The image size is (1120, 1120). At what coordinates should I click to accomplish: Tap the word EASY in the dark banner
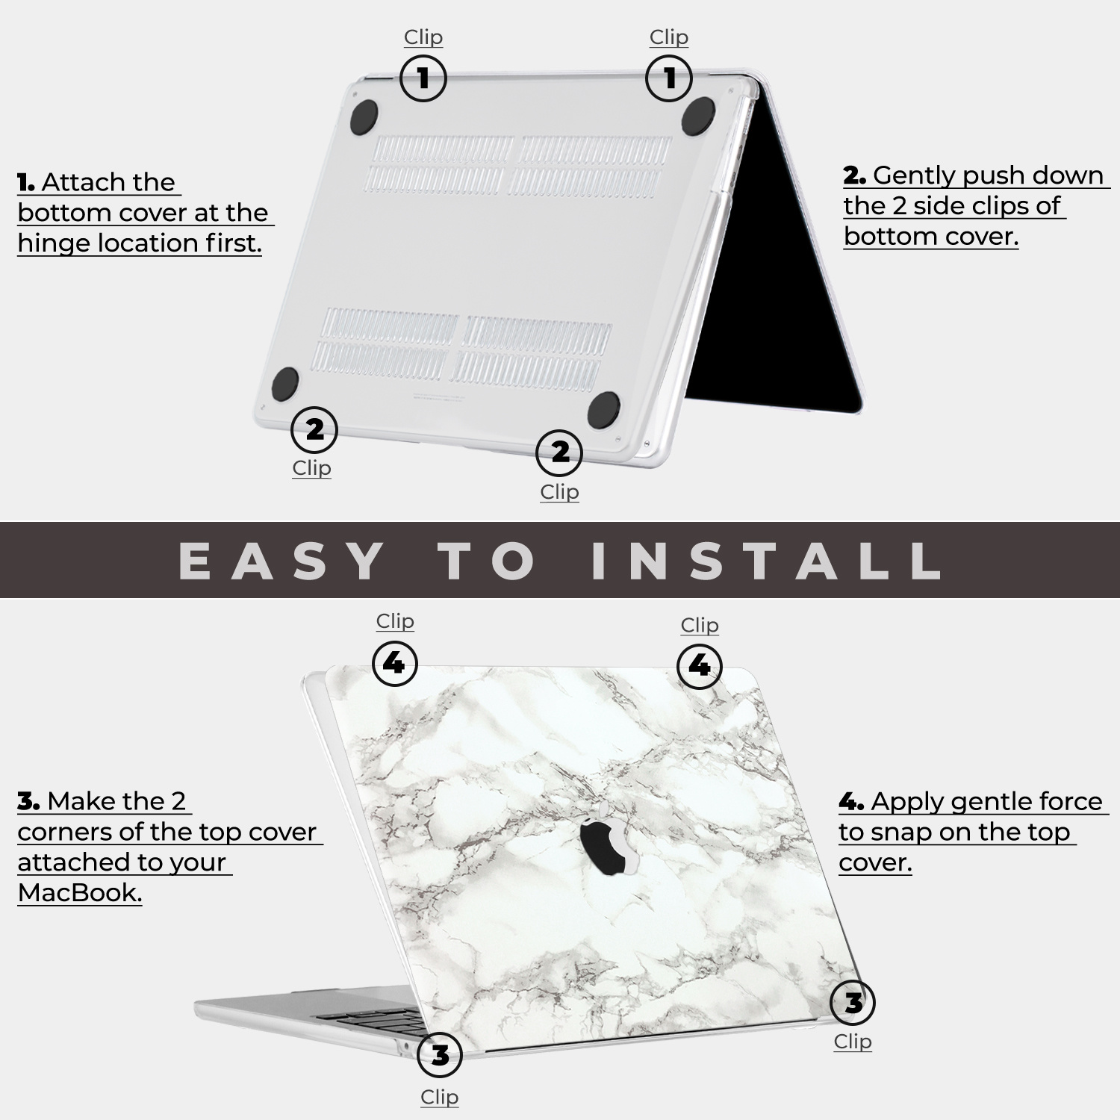[282, 561]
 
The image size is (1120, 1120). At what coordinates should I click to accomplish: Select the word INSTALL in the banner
[766, 561]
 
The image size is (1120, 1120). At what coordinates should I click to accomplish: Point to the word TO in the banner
[488, 561]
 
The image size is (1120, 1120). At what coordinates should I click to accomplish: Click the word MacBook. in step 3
[80, 892]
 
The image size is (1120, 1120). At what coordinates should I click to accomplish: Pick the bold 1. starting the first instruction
[26, 182]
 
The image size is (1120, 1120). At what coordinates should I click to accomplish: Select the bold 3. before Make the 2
[28, 801]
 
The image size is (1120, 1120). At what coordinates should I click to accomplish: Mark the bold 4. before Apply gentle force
[851, 802]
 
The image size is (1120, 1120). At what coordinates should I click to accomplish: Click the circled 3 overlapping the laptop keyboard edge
[440, 1055]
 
